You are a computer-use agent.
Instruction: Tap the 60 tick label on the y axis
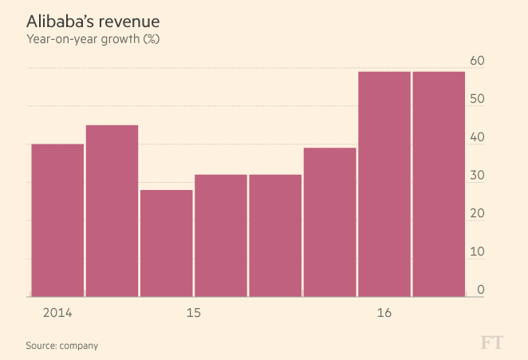(478, 61)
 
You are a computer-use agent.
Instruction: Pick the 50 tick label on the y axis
(478, 99)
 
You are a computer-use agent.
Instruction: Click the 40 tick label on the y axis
(478, 137)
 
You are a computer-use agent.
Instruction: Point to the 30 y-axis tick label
(478, 176)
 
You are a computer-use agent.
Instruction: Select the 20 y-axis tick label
(478, 214)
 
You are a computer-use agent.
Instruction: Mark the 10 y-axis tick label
(478, 252)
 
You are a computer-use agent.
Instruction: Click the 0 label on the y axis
(481, 290)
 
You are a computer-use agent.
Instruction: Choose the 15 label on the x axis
(193, 312)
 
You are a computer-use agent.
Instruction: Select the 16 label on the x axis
(384, 312)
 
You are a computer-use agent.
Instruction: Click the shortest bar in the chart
(166, 243)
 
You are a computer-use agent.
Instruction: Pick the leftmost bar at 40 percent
(57, 220)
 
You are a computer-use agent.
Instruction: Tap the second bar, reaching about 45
(112, 211)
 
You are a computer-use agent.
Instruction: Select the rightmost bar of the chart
(439, 184)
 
